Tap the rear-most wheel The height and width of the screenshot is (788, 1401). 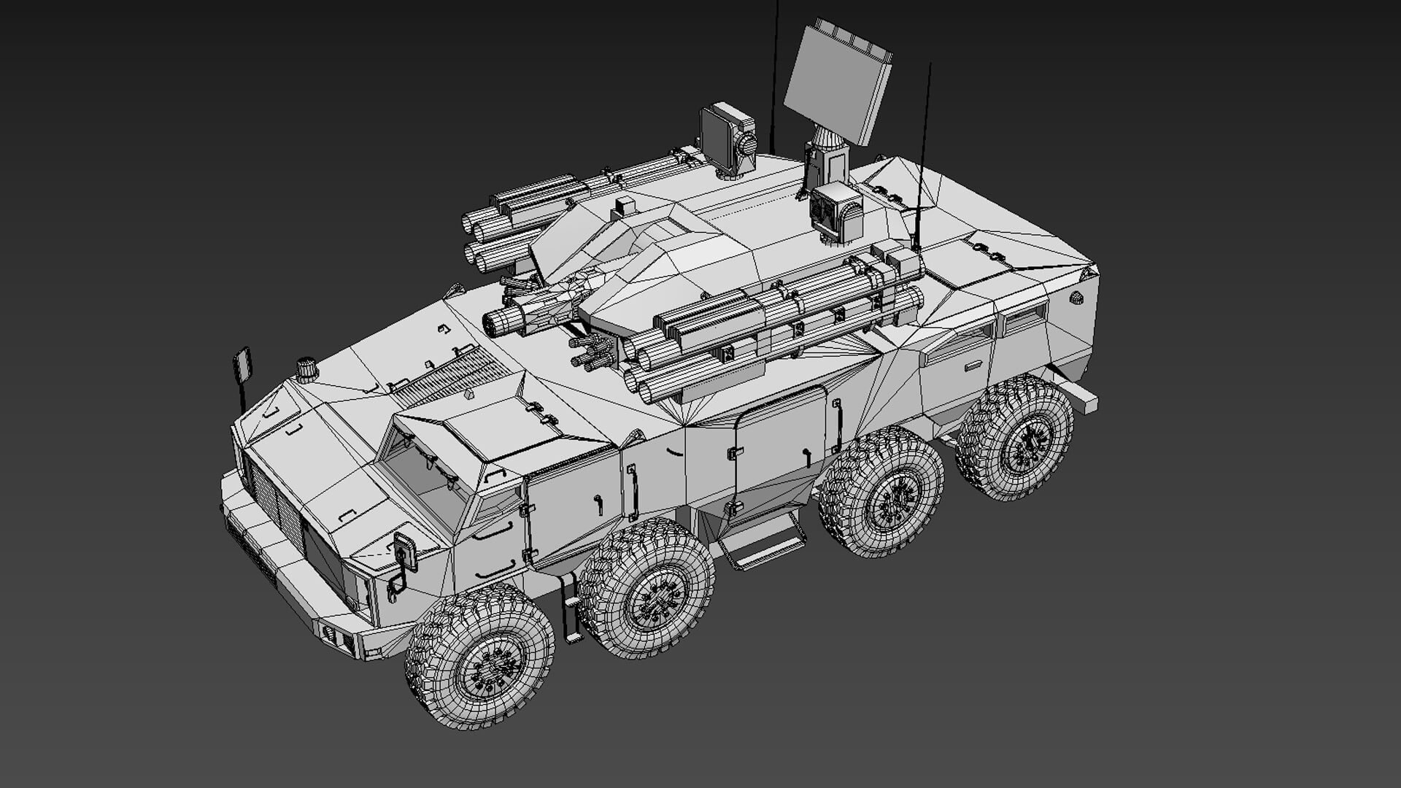[x=1016, y=438]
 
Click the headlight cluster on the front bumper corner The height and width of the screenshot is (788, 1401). [x=337, y=638]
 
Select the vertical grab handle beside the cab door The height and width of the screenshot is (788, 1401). [x=632, y=492]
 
